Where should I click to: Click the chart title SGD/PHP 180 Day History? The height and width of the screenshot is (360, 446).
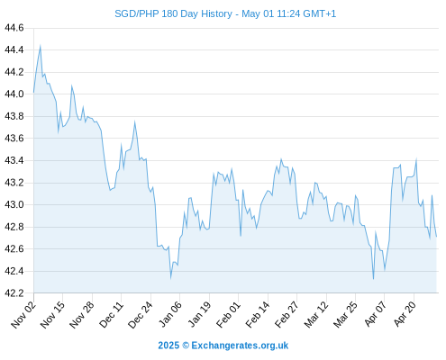pos(173,13)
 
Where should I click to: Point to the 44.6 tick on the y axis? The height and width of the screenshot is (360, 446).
pos(14,28)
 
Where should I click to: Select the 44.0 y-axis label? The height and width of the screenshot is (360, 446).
pos(14,94)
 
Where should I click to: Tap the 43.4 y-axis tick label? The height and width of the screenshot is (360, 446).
pos(14,160)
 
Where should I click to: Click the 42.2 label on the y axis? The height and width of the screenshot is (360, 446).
pos(14,292)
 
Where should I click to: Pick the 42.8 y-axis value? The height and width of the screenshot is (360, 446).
pos(14,227)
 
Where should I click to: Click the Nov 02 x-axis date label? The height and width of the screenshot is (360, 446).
pos(23,315)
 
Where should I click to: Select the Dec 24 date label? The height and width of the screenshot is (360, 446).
pos(141,315)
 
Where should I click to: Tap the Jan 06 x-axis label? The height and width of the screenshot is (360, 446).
pos(170,315)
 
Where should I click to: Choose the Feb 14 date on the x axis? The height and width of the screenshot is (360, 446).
pos(258,315)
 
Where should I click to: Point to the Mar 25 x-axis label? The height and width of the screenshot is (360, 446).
pos(345,315)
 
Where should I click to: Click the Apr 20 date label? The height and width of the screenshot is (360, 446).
pos(405,315)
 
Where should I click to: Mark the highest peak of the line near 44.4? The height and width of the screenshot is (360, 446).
pos(41,46)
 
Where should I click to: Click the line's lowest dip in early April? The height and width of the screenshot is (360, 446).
pos(373,279)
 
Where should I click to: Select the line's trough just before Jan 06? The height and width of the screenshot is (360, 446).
pos(170,278)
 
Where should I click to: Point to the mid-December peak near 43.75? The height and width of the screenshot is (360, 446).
pos(135,121)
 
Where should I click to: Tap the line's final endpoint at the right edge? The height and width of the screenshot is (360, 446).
pos(436,237)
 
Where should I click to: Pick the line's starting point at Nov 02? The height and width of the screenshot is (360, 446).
pos(33,93)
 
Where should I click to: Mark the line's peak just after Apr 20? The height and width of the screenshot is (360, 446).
pos(416,158)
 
